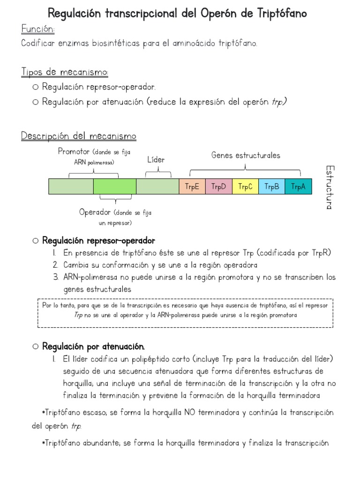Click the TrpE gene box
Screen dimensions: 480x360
pyautogui.click(x=192, y=187)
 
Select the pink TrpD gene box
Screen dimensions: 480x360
pyautogui.click(x=218, y=187)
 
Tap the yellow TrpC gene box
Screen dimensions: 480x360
pyautogui.click(x=245, y=187)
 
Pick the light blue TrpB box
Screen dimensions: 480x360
pyautogui.click(x=272, y=187)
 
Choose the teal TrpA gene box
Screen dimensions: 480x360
pyautogui.click(x=298, y=187)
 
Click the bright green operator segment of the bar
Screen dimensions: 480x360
pyautogui.click(x=114, y=187)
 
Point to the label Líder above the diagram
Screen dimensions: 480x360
pyautogui.click(x=156, y=160)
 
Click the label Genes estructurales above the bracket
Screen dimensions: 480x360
pyautogui.click(x=246, y=155)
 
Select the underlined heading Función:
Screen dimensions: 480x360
pyautogui.click(x=38, y=30)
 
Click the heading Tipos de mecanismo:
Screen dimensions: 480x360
pyautogui.click(x=65, y=72)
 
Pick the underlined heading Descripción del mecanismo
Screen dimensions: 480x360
pyautogui.click(x=79, y=136)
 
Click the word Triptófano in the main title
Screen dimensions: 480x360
pyautogui.click(x=280, y=13)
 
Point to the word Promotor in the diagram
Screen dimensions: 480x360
pyautogui.click(x=74, y=151)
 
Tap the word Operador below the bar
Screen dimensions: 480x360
pyautogui.click(x=94, y=212)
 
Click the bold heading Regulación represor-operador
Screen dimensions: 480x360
pyautogui.click(x=98, y=241)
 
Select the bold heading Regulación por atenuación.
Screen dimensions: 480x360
pyautogui.click(x=94, y=347)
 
